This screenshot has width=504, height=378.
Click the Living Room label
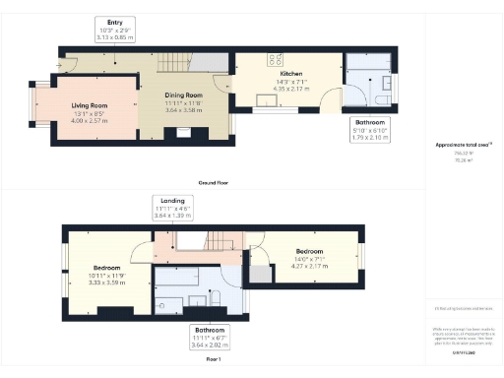click(89, 105)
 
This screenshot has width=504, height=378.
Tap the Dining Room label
click(182, 95)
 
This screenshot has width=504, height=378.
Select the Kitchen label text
click(290, 75)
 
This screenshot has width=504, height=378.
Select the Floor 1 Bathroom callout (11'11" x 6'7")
click(209, 338)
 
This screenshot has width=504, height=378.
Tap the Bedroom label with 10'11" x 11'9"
click(107, 268)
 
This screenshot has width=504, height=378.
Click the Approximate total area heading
click(463, 145)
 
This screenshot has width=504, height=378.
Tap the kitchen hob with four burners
click(271, 57)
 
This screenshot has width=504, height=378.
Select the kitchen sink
click(266, 97)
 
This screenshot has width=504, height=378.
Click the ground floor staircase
click(172, 62)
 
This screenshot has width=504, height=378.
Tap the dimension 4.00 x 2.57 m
click(89, 120)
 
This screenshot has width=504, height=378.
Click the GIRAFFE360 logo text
click(463, 350)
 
